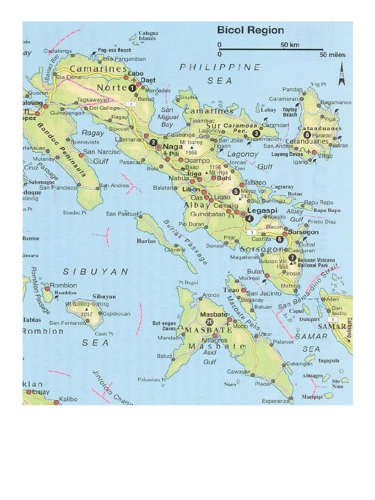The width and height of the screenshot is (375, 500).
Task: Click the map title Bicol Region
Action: tap(250, 30)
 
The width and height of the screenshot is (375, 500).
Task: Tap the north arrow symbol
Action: tap(342, 72)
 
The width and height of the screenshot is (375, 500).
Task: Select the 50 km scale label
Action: tap(290, 45)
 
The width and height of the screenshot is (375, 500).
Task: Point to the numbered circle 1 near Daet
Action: tap(132, 88)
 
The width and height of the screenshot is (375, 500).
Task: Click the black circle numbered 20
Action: tap(209, 322)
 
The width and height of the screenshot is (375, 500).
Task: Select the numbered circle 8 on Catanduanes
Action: tap(307, 135)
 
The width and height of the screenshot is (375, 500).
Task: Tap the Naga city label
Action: tap(172, 146)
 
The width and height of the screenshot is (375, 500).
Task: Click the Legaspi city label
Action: tap(262, 211)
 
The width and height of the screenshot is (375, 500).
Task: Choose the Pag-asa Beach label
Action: tap(115, 50)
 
